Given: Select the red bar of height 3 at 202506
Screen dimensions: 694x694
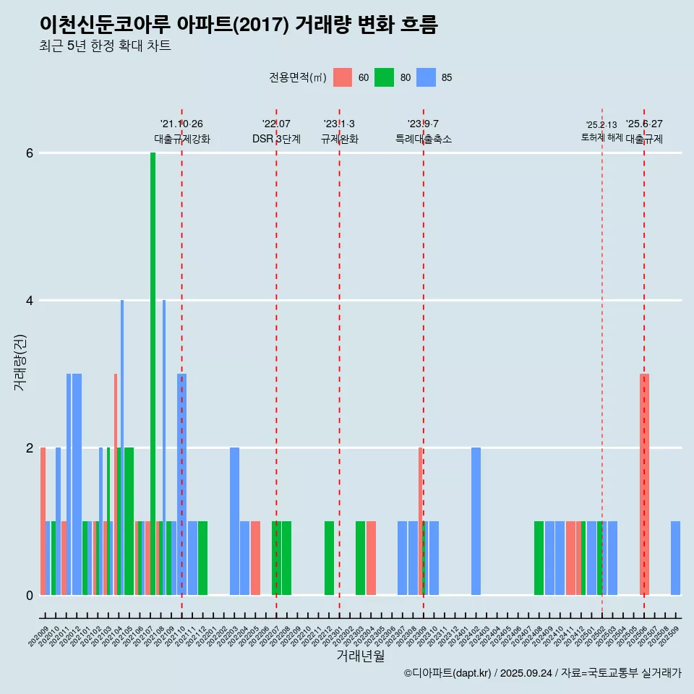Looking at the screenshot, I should point(644,484).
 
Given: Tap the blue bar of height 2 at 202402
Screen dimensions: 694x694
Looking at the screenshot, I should point(476,520).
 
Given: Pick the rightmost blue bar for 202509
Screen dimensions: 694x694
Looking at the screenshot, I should point(675,558).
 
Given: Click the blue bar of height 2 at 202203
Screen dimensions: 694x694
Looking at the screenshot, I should point(234,520).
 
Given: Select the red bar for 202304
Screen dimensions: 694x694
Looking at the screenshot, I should point(371,558).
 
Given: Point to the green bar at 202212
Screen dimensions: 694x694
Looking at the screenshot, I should point(329,558).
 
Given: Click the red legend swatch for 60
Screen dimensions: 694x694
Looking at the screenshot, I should point(343,77).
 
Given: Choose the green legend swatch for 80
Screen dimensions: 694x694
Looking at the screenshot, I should point(384,77).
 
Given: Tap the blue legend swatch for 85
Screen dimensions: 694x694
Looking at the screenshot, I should point(426,77).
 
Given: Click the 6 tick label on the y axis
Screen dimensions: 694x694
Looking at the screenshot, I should point(30,153).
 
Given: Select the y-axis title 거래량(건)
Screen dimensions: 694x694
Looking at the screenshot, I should point(20,362).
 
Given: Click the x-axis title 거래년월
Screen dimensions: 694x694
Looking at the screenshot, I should point(360,656).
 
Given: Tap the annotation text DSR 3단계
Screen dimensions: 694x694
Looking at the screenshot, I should point(276,139).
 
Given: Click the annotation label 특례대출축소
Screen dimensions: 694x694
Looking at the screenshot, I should point(423,139).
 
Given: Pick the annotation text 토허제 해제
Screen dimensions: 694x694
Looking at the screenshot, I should point(601,137).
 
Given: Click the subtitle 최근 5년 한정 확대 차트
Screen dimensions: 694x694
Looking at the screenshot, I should point(105,46).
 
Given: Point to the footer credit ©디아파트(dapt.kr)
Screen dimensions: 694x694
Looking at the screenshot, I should point(448,673).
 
